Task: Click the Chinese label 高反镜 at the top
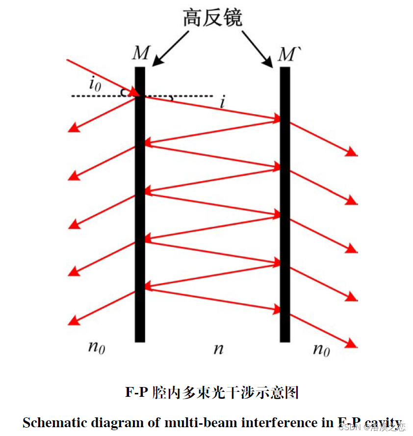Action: click(212, 18)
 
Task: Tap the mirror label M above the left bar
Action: click(140, 53)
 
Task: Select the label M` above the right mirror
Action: click(287, 54)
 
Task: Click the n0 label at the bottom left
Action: click(97, 347)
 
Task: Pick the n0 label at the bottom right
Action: click(321, 349)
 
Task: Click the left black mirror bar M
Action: click(140, 206)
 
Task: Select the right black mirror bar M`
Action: click(285, 206)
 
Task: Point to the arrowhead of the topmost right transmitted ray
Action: click(352, 152)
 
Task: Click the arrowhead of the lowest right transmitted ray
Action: click(352, 344)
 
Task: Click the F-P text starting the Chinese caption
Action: click(137, 392)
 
